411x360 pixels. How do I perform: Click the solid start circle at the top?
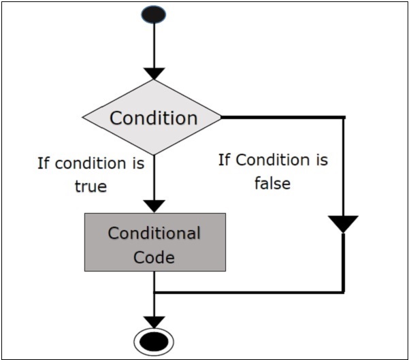pyautogui.click(x=154, y=14)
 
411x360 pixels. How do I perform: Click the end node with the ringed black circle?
pyautogui.click(x=154, y=341)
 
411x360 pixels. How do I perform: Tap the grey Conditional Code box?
pyautogui.click(x=154, y=242)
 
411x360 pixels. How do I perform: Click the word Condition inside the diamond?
pyautogui.click(x=154, y=118)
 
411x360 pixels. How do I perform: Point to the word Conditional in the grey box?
pyautogui.click(x=154, y=233)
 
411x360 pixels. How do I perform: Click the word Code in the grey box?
pyautogui.click(x=154, y=257)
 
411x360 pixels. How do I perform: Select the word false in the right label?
pyautogui.click(x=272, y=183)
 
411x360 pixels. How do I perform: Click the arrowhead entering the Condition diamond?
pyautogui.click(x=154, y=73)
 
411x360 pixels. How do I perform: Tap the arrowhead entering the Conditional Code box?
pyautogui.click(x=154, y=206)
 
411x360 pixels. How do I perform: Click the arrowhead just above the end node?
pyautogui.click(x=154, y=321)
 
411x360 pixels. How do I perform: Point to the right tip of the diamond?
pyautogui.click(x=221, y=117)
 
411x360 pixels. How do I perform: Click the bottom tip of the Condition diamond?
pyautogui.click(x=154, y=155)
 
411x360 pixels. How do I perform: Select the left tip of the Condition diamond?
pyautogui.click(x=82, y=117)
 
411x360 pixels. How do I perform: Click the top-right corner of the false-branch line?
pyautogui.click(x=344, y=117)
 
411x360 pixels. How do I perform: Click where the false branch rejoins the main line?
pyautogui.click(x=154, y=293)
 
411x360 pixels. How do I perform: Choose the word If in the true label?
pyautogui.click(x=44, y=164)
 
